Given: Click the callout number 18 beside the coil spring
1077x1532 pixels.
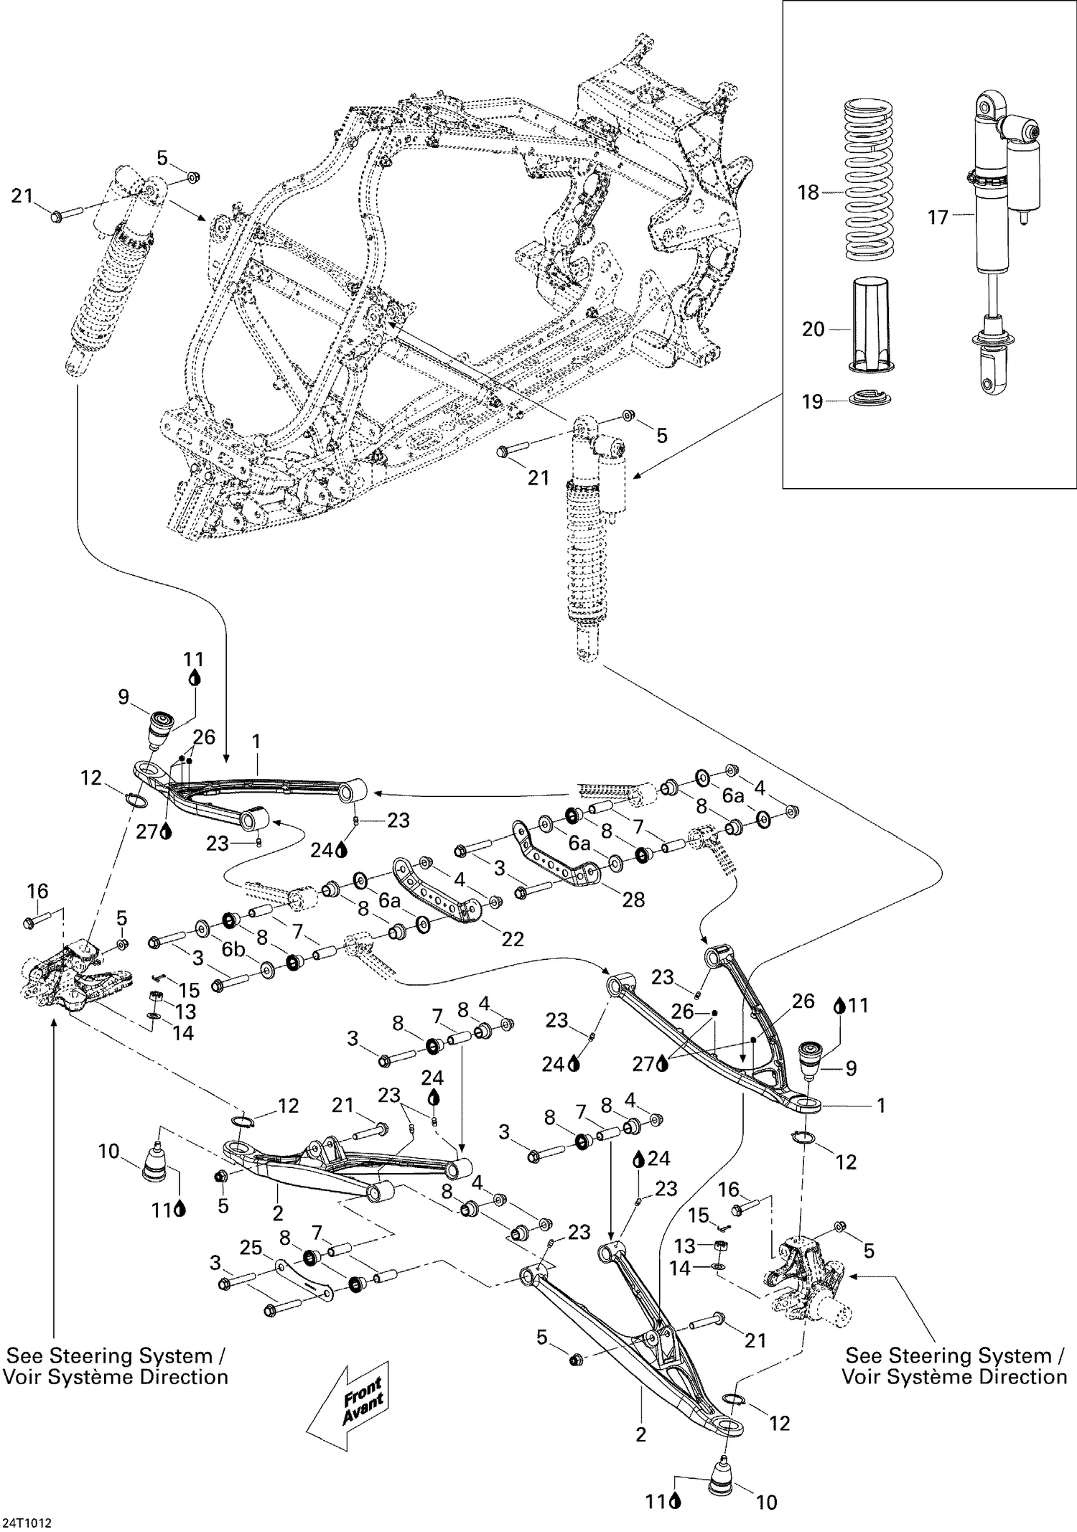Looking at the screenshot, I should coord(808,192).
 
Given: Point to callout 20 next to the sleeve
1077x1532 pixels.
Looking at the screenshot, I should coord(813,329).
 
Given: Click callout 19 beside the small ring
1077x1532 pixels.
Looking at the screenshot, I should coord(811,401).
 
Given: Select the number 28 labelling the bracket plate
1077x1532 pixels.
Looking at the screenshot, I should coord(633,899).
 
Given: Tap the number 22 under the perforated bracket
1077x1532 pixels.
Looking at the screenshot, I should coord(512,938).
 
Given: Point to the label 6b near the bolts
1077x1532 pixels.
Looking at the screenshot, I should coord(233,949).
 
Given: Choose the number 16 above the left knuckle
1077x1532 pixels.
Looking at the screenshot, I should coord(37,891).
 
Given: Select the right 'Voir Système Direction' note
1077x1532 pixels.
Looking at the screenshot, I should coord(954,1377).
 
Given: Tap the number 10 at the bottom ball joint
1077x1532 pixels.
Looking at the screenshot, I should coord(767,1503).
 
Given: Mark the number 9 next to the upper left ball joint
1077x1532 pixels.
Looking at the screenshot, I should coord(123,696).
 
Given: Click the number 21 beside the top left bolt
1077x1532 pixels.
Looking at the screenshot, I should coord(22,195).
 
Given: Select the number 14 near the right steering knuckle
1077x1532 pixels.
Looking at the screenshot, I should coord(679,1269).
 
